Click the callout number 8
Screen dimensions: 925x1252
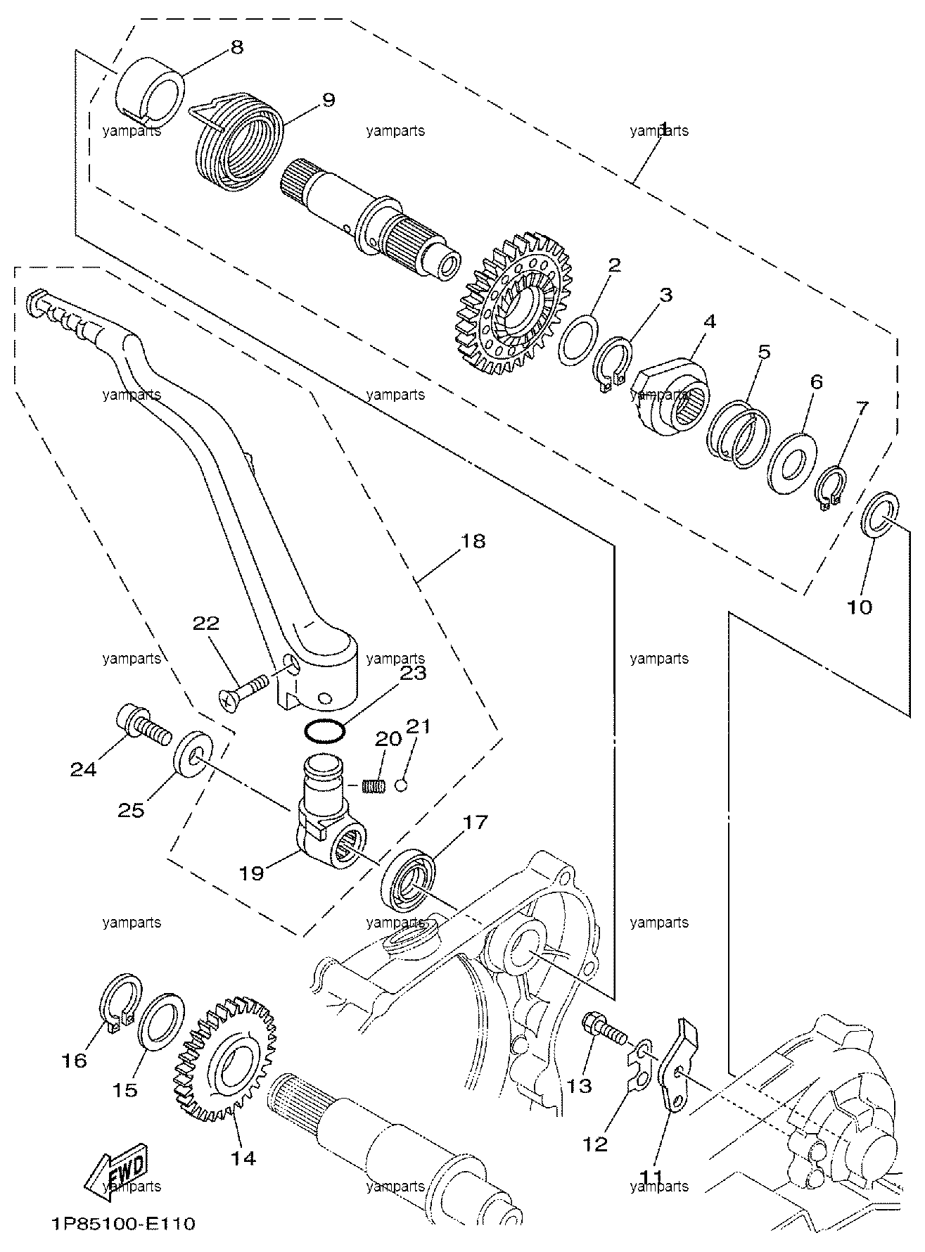[x=236, y=47]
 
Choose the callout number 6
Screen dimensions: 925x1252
[x=815, y=382]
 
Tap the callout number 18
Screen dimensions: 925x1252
[x=473, y=541]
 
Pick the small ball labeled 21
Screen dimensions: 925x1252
[x=400, y=785]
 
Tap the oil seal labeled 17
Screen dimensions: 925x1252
[x=409, y=880]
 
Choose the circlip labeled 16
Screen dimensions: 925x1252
[x=117, y=999]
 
